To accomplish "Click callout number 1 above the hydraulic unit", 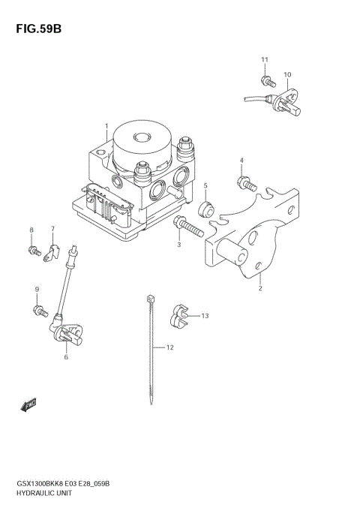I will (x=106, y=125).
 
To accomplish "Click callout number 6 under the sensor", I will (x=66, y=357).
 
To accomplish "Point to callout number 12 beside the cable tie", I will (x=169, y=347).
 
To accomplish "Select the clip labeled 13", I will (x=178, y=315).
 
